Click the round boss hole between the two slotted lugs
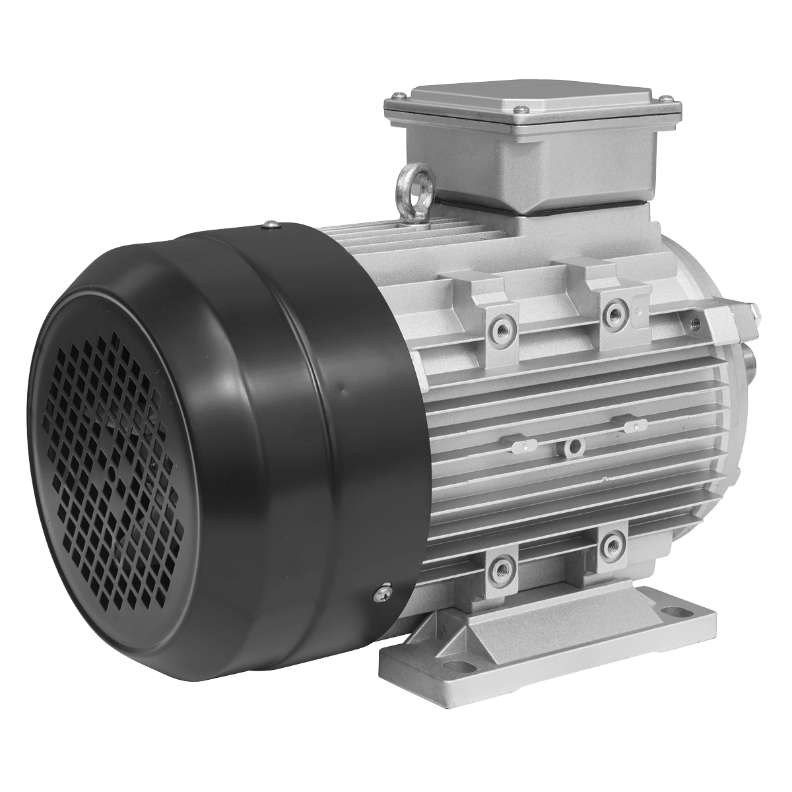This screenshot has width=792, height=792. (x=574, y=448)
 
